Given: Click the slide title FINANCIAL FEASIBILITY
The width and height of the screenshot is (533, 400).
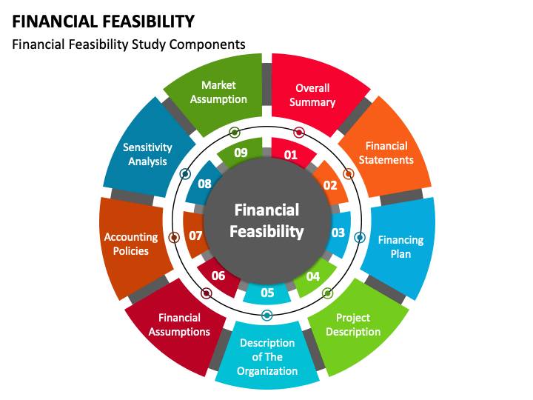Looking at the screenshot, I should [x=104, y=21].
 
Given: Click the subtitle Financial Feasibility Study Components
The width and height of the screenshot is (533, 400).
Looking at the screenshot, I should [x=129, y=44].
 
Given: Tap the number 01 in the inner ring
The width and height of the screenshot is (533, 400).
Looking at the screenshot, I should [x=290, y=155].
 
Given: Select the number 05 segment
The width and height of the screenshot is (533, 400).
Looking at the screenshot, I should [x=267, y=293].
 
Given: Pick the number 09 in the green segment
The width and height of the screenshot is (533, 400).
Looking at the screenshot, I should [x=241, y=153].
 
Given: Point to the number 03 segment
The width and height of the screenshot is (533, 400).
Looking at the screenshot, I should [x=338, y=233].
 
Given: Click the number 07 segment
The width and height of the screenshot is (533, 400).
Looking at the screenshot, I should [x=195, y=236].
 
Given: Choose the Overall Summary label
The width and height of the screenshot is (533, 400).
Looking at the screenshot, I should [x=312, y=95].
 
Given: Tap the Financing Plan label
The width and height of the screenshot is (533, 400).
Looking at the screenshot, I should [x=400, y=247].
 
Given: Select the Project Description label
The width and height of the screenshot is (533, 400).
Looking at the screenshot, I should [x=353, y=324].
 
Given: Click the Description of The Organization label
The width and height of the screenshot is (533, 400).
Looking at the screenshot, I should [x=267, y=356].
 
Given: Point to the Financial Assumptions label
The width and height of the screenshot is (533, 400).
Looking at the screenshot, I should [x=179, y=324].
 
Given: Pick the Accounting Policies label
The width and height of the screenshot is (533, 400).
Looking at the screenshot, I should [x=131, y=244].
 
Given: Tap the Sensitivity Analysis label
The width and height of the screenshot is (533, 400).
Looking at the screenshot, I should [x=147, y=154].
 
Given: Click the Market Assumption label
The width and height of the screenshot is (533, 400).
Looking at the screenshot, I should [x=218, y=92].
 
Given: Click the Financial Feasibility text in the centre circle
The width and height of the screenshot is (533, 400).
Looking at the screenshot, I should [x=266, y=221].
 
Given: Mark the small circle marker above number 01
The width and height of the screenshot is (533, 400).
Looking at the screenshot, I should [x=299, y=133].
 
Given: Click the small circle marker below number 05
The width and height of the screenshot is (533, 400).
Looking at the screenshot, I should [x=267, y=315].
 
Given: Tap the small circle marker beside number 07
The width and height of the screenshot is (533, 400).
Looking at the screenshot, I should [x=174, y=238].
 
